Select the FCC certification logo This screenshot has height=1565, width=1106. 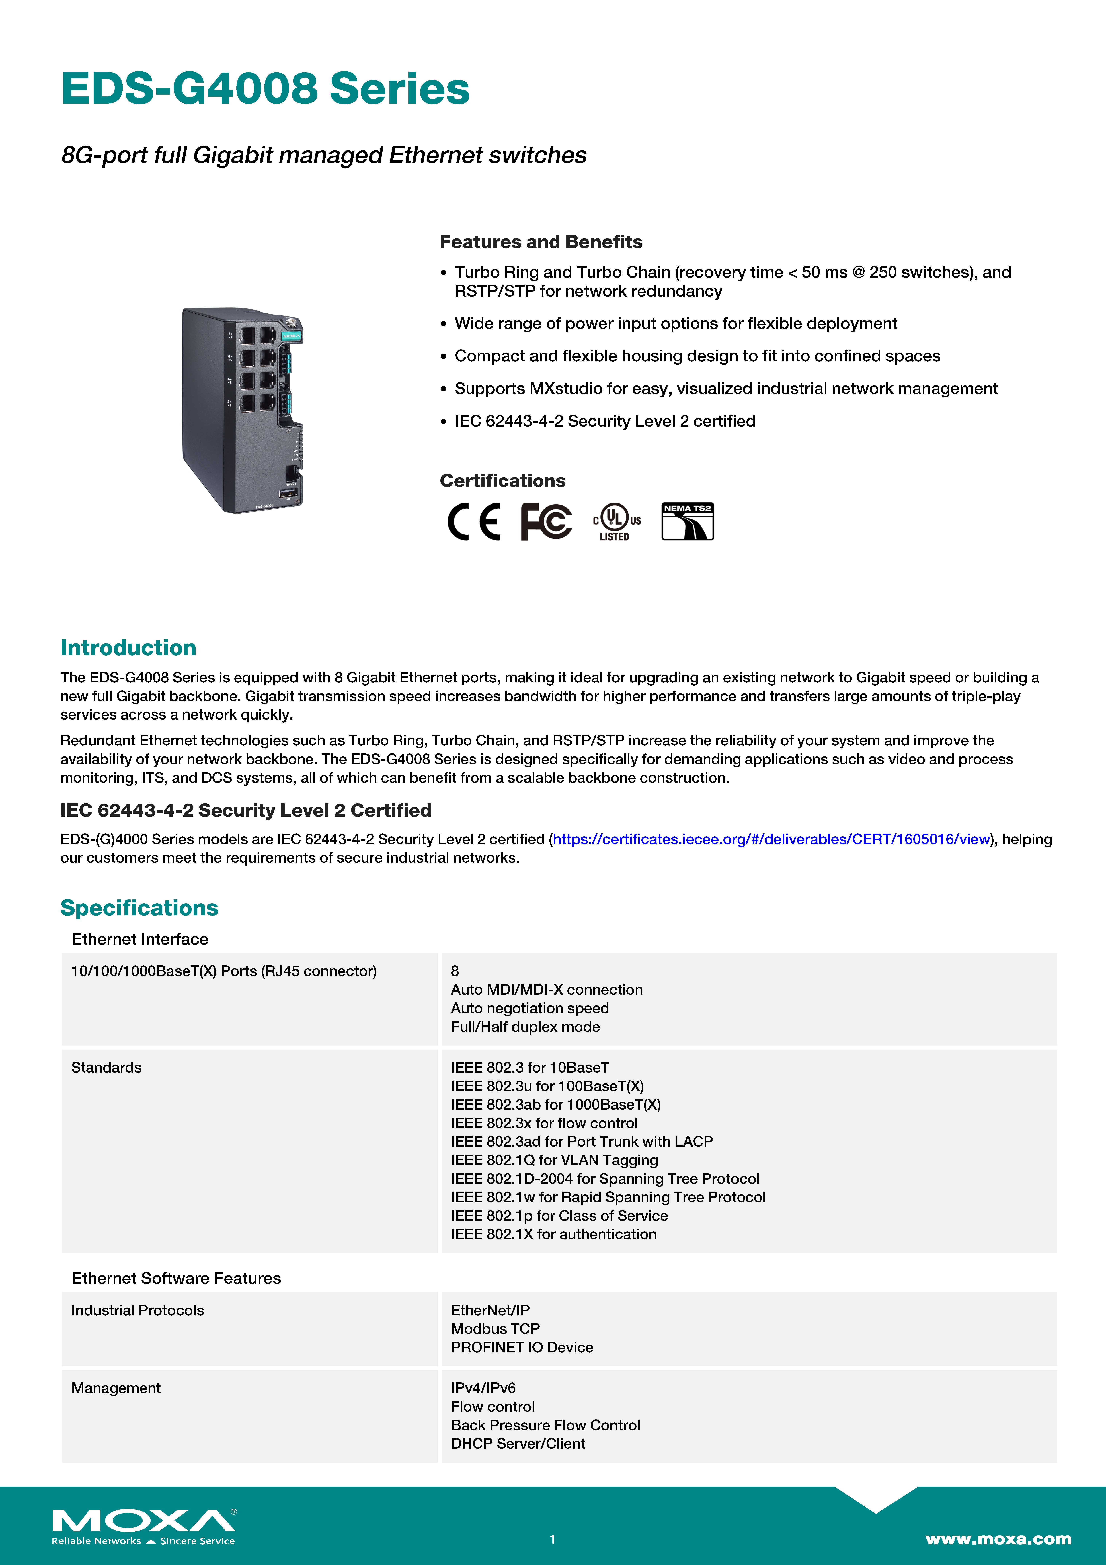point(546,522)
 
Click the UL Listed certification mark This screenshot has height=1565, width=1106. point(616,522)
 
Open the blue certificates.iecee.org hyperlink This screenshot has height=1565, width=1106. point(771,839)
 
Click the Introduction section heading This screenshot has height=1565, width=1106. point(128,647)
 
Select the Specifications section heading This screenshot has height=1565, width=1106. point(139,908)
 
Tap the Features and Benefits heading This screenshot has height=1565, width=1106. point(540,242)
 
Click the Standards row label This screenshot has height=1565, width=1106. point(106,1067)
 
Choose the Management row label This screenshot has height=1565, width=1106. point(116,1388)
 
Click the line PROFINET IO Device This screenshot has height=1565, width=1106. point(521,1348)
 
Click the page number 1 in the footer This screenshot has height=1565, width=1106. point(553,1539)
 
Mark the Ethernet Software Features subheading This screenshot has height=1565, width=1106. point(176,1278)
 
